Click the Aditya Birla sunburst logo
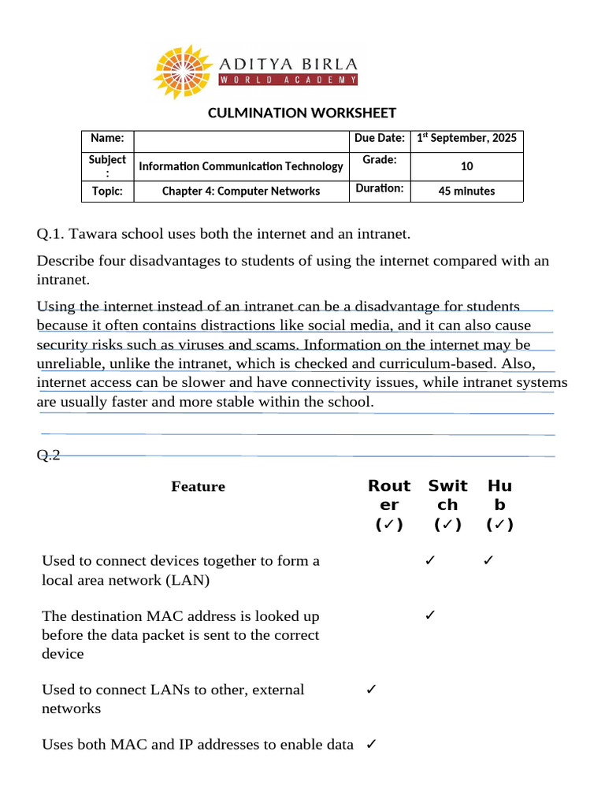(x=182, y=70)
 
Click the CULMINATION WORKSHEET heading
(x=302, y=113)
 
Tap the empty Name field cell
(x=241, y=138)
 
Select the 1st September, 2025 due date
(x=466, y=138)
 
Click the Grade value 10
(x=466, y=166)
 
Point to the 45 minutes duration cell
(x=466, y=191)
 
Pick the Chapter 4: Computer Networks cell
(x=241, y=191)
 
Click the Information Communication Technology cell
(x=241, y=166)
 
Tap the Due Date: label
(x=380, y=138)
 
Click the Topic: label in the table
(x=107, y=191)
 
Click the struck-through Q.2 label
(x=49, y=455)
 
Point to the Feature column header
(x=198, y=486)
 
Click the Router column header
(x=389, y=504)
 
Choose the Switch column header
(x=447, y=504)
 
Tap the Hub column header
(x=499, y=504)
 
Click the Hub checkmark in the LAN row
(x=488, y=560)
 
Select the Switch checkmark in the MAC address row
(x=430, y=615)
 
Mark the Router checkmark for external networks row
(x=371, y=690)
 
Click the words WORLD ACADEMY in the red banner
(x=288, y=80)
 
